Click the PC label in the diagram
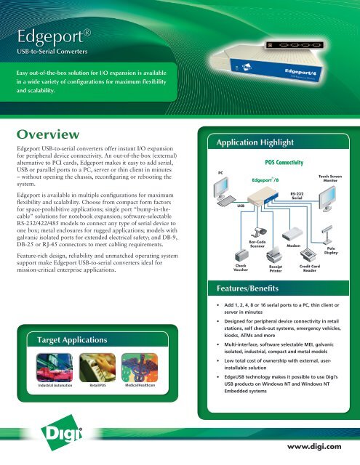coord(221,171)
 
